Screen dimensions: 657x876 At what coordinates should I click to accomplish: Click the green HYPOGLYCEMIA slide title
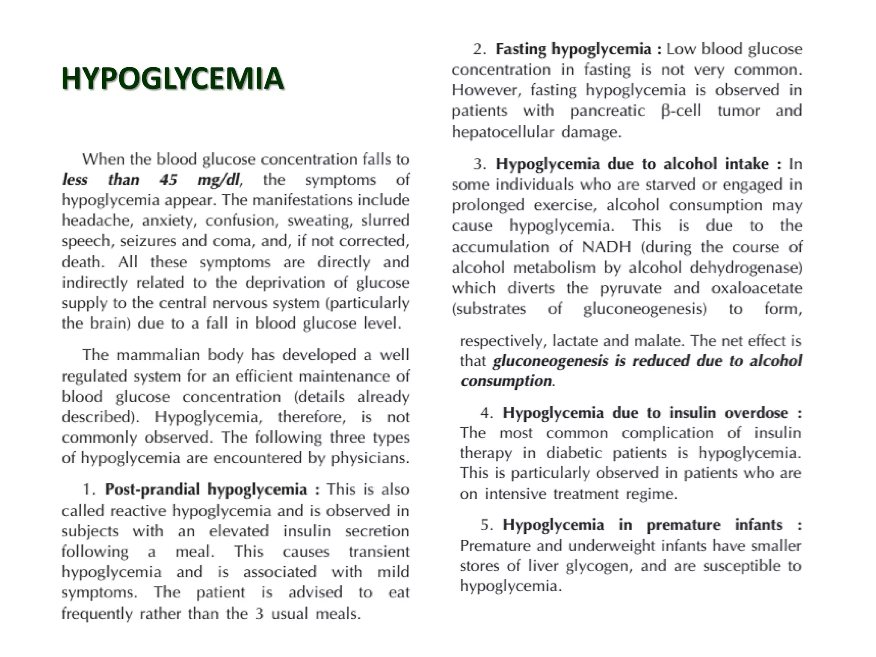(172, 79)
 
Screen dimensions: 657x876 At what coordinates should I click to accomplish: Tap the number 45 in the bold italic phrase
(168, 180)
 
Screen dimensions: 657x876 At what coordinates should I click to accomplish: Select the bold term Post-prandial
(152, 489)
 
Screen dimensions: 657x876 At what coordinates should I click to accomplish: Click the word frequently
(97, 614)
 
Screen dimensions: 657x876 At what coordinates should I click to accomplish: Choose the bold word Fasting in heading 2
(521, 49)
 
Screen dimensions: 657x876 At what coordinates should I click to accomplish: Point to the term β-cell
(681, 111)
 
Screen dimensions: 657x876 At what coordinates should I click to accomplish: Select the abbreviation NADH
(607, 247)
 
